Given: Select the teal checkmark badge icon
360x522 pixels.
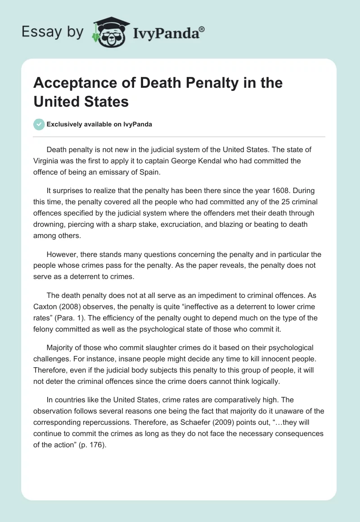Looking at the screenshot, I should [39, 124].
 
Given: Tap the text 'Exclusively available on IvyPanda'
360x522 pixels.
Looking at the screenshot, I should [99, 124].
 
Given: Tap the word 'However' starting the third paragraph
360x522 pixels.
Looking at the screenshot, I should [62, 255].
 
